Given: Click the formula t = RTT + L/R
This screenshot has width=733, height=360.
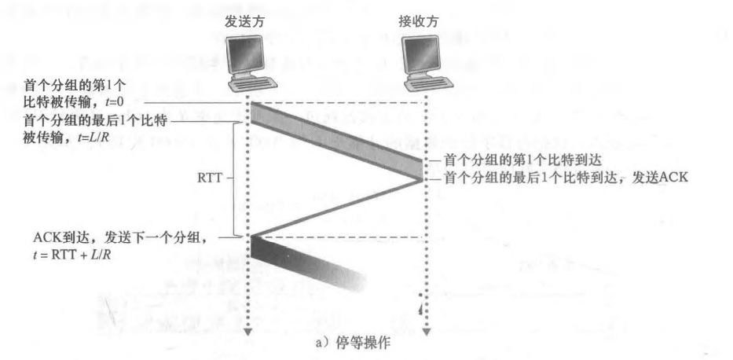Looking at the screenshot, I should [x=68, y=254].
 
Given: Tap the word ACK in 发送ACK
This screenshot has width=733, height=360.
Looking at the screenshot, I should [x=673, y=178].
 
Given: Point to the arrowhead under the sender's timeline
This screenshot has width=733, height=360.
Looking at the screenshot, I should [x=248, y=335].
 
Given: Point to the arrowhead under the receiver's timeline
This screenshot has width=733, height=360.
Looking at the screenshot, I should [x=425, y=335].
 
